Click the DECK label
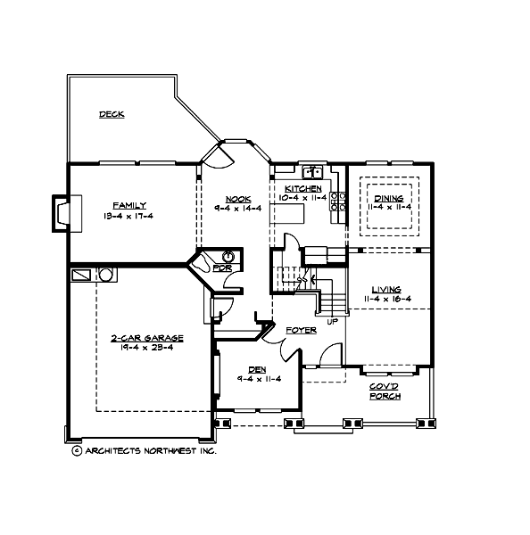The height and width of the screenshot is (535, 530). pyautogui.click(x=112, y=114)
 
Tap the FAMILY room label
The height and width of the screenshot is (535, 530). pyautogui.click(x=129, y=204)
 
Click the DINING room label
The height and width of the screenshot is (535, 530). pyautogui.click(x=388, y=198)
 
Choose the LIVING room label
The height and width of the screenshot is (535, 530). pyautogui.click(x=386, y=290)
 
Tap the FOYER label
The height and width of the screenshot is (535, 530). pyautogui.click(x=301, y=331)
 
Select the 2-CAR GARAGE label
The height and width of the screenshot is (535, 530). pyautogui.click(x=147, y=339)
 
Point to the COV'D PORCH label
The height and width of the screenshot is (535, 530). pyautogui.click(x=385, y=391)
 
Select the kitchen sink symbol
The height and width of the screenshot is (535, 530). pyautogui.click(x=312, y=172)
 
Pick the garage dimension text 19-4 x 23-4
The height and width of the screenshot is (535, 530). pyautogui.click(x=147, y=348)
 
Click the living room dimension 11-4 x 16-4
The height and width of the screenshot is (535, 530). pyautogui.click(x=386, y=299)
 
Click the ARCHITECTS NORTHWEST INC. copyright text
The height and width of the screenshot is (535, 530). pyautogui.click(x=143, y=451)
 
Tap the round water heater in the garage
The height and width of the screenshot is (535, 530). pyautogui.click(x=105, y=275)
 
